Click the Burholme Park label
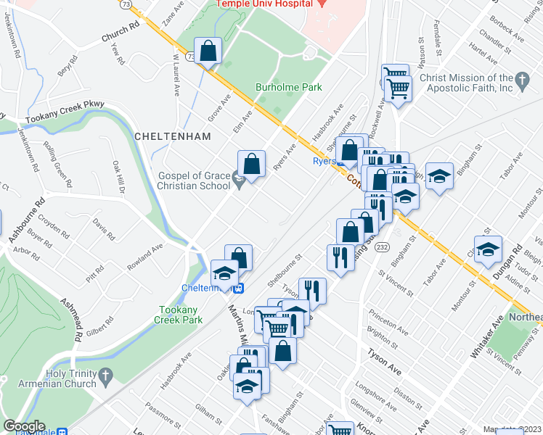[288, 88]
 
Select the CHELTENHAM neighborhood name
[172, 136]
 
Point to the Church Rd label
[120, 33]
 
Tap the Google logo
[25, 426]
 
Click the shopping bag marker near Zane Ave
[208, 51]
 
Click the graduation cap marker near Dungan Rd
[489, 248]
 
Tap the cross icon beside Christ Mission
[521, 78]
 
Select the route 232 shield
[383, 247]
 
